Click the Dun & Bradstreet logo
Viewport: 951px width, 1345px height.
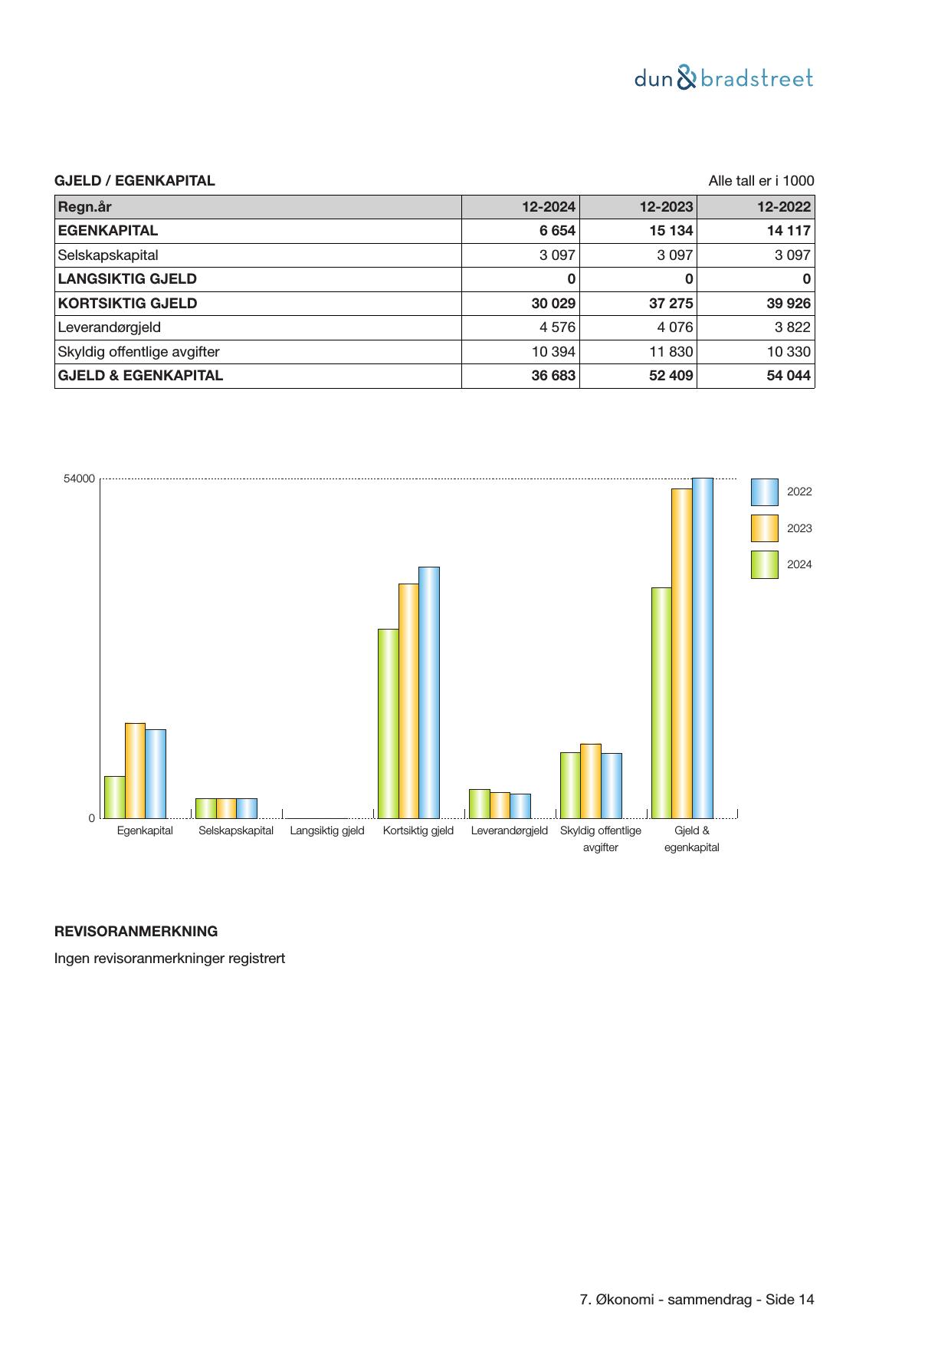point(723,78)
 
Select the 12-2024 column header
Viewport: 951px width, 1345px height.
point(548,207)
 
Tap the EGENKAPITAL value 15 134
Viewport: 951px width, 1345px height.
point(671,231)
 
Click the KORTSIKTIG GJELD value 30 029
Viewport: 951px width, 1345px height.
point(553,304)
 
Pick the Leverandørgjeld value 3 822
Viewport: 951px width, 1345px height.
point(793,327)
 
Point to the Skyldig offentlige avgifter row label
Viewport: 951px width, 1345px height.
point(139,352)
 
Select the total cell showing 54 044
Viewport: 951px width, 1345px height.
point(789,376)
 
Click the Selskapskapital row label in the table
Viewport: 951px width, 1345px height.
point(108,255)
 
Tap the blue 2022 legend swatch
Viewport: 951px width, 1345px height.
point(764,492)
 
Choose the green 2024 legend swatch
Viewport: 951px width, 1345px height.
point(764,564)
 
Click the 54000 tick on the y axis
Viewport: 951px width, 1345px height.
point(80,479)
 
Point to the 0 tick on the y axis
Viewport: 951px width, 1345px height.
point(92,818)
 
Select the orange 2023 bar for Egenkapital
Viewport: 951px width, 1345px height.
point(135,770)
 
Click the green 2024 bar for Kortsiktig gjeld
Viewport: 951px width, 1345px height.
point(388,723)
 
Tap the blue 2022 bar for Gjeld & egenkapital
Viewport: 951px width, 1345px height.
point(702,648)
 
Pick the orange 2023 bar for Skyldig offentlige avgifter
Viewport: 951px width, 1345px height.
point(590,781)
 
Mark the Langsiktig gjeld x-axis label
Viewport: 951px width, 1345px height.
point(327,830)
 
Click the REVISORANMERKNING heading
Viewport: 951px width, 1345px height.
point(136,932)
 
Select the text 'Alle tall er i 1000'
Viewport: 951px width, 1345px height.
point(761,181)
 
